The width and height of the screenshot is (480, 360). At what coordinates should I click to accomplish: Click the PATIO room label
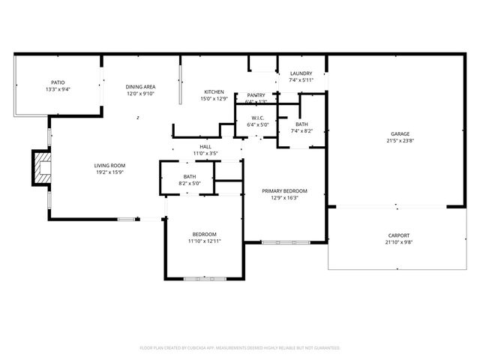[x=58, y=82]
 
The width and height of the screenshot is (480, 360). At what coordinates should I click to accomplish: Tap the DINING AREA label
[x=140, y=87]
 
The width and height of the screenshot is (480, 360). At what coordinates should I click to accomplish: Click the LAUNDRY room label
[x=301, y=73]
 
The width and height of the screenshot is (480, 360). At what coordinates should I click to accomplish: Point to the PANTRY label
[x=256, y=95]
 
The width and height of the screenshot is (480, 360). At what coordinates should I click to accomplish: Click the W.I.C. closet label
[x=257, y=117]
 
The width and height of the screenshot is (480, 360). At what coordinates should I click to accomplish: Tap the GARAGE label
[x=400, y=133]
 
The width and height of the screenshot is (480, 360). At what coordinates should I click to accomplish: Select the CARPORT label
[x=400, y=235]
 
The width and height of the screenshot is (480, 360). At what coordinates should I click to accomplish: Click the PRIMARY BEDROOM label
[x=284, y=190]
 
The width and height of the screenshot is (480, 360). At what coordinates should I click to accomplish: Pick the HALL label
[x=205, y=146]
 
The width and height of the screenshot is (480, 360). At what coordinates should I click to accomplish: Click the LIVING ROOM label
[x=109, y=166]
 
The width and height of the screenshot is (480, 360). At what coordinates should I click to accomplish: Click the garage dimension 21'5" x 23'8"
[x=400, y=140]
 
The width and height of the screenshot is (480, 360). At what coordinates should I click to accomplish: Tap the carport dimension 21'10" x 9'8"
[x=400, y=242]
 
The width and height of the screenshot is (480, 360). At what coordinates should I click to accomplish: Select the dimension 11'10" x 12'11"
[x=204, y=241]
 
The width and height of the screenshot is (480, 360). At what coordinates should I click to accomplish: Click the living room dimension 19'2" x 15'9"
[x=109, y=172]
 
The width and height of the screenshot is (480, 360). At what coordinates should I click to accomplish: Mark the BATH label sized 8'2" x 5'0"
[x=190, y=176]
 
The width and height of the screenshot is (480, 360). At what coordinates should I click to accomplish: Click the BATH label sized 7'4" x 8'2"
[x=301, y=124]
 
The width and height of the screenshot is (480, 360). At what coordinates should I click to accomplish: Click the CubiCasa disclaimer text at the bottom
[x=240, y=348]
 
